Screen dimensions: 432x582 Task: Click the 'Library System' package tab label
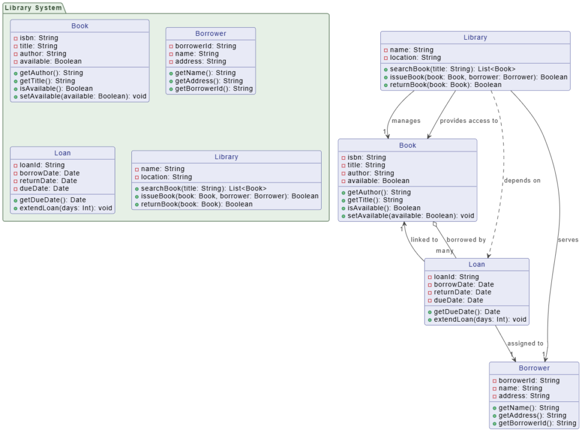(33, 7)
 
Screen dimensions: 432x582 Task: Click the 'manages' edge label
(406, 121)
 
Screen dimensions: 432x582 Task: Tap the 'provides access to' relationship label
(468, 121)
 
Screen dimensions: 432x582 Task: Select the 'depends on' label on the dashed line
(522, 180)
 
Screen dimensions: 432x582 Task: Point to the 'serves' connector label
(568, 240)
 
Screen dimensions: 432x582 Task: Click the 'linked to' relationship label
(424, 240)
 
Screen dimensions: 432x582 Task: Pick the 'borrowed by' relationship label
(466, 240)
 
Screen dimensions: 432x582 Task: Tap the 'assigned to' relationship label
(525, 343)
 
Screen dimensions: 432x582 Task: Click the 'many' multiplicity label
(444, 251)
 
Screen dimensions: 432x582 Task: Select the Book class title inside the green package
(80, 26)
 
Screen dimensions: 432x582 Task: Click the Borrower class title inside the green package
(210, 34)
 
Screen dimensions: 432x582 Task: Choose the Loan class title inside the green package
(63, 153)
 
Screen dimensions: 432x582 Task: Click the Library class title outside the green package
(475, 38)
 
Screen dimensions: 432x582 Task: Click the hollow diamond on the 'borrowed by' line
(435, 225)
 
